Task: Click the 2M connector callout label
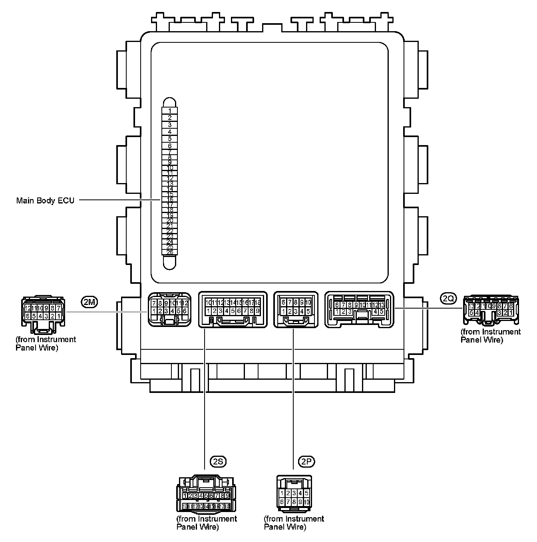(89, 302)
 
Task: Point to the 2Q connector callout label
(449, 298)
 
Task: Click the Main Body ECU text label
(45, 201)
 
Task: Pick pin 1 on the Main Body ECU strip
(170, 111)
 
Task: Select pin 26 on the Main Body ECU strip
(170, 252)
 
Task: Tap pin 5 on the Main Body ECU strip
(170, 139)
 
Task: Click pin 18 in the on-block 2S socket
(258, 303)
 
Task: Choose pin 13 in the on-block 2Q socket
(382, 305)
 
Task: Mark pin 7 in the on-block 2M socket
(154, 303)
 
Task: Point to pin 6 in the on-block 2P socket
(283, 303)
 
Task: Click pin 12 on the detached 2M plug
(28, 308)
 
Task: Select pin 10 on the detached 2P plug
(306, 502)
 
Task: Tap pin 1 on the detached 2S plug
(185, 496)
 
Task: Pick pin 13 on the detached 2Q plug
(472, 306)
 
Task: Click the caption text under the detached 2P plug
(294, 523)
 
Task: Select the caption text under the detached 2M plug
(46, 343)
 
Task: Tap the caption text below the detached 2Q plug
(491, 336)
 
